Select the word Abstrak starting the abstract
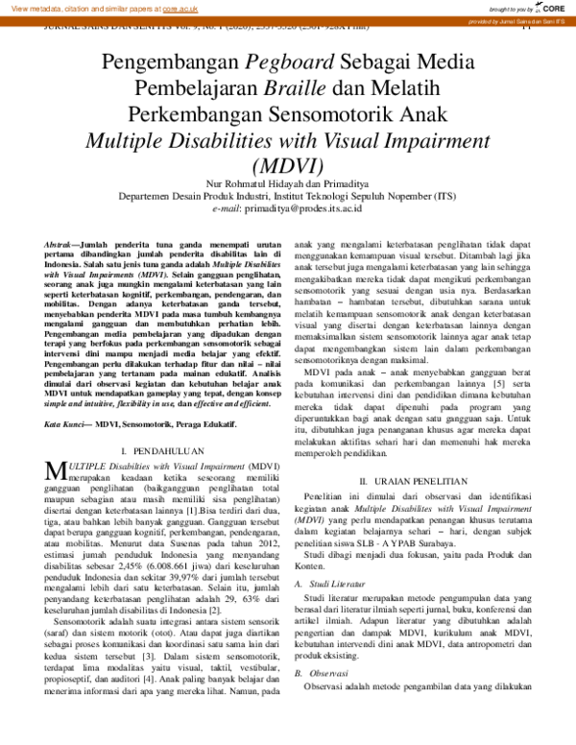pos(62,248)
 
